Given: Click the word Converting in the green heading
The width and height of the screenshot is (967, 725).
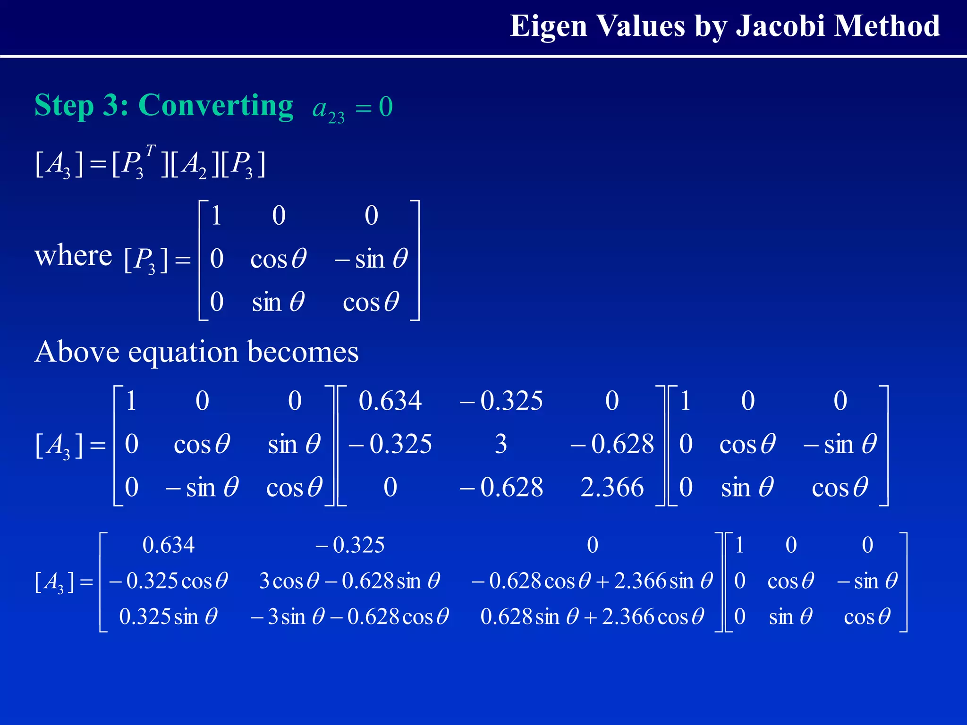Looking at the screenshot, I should (x=216, y=105).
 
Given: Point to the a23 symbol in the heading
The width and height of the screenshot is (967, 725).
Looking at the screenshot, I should (x=328, y=109).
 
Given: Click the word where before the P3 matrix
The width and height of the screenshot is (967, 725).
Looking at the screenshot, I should (x=73, y=256).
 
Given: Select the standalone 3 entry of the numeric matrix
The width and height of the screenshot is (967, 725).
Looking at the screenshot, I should (x=500, y=444).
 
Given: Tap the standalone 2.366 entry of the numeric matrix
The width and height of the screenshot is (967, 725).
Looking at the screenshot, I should (x=612, y=487).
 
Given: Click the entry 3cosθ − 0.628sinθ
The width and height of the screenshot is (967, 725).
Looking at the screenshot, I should (x=349, y=581).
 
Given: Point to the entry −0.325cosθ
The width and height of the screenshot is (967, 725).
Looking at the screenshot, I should (x=169, y=581).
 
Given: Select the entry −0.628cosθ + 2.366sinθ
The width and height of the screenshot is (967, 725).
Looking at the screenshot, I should (x=592, y=581).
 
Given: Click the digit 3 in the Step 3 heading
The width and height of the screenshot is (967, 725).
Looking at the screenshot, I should (x=111, y=105).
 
